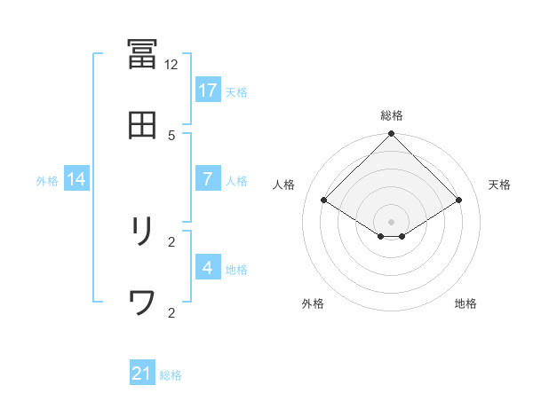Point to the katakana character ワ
[143, 303]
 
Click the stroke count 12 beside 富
[171, 64]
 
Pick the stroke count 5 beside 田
[171, 135]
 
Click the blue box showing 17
[208, 90]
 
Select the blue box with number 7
[208, 179]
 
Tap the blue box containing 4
[208, 268]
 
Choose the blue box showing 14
[76, 179]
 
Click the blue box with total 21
[142, 374]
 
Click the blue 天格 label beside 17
[236, 91]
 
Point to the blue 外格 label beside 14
[47, 180]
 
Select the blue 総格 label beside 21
[171, 375]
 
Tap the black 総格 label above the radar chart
[392, 115]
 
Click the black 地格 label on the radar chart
[465, 303]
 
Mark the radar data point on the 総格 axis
[392, 134]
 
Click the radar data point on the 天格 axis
[459, 200]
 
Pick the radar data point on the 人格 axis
[324, 200]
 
